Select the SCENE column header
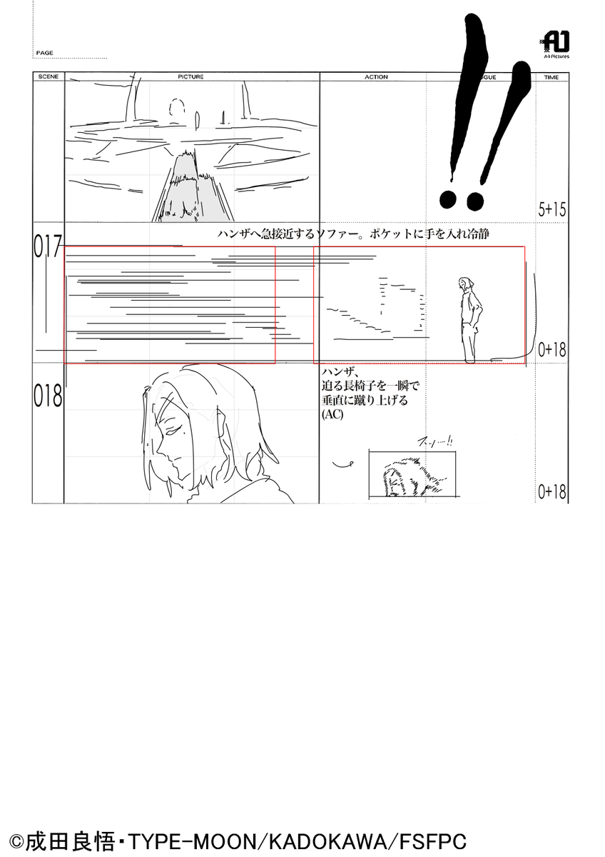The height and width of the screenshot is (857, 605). [48, 76]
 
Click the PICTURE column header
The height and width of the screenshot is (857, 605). [190, 76]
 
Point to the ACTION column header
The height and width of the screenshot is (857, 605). [376, 76]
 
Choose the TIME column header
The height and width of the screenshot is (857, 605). [551, 76]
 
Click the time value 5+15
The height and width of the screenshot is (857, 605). [552, 209]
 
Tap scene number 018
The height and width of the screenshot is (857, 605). [48, 397]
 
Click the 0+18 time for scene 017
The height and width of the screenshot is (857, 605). [552, 349]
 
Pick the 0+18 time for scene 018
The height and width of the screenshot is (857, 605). [552, 491]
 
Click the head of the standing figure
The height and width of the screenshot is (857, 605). [466, 284]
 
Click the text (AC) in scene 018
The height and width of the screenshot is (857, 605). [332, 414]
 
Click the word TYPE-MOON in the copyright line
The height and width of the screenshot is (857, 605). [191, 840]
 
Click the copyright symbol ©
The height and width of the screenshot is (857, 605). [18, 841]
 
